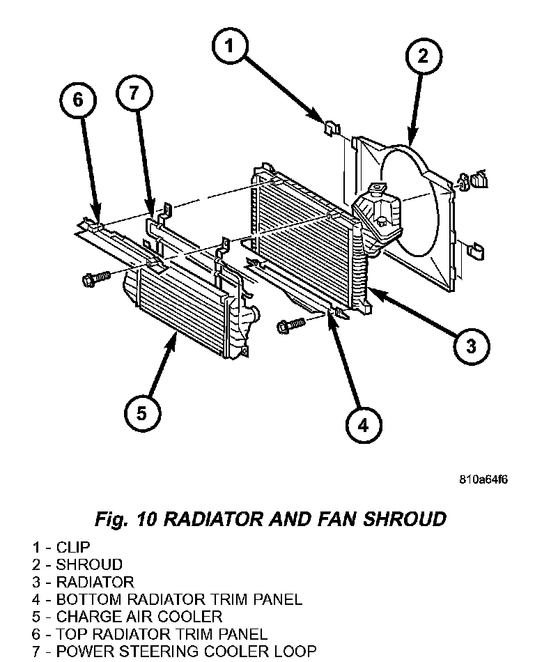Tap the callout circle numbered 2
click(422, 57)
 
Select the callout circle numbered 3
click(470, 346)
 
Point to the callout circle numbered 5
click(141, 414)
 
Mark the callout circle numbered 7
click(134, 94)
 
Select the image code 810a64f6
click(483, 480)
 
